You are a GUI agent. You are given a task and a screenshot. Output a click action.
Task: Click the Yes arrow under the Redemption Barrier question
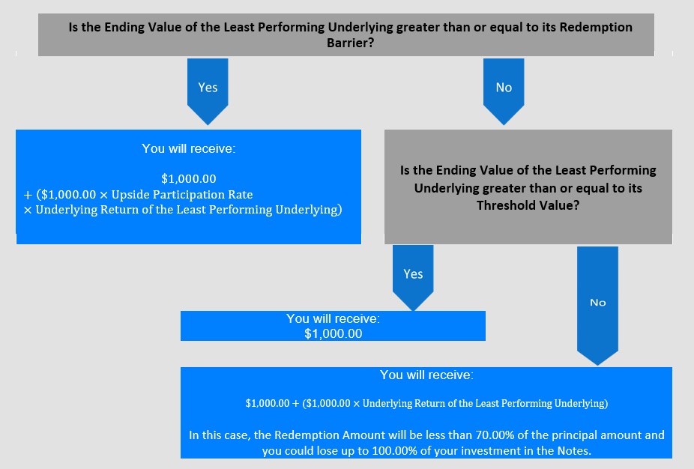pyautogui.click(x=208, y=91)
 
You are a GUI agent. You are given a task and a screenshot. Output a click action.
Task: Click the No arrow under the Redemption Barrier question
pyautogui.click(x=504, y=91)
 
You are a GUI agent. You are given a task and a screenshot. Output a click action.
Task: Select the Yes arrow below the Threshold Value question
pyautogui.click(x=413, y=277)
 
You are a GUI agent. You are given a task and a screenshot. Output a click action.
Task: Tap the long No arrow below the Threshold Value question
pyautogui.click(x=597, y=305)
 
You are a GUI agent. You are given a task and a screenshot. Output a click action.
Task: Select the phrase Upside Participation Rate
pyautogui.click(x=182, y=195)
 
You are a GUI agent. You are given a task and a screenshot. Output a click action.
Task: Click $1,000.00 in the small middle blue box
pyautogui.click(x=334, y=333)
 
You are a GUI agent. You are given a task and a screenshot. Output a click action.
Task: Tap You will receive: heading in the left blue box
pyautogui.click(x=189, y=148)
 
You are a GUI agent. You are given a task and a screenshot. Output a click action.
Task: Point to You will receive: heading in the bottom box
pyautogui.click(x=426, y=375)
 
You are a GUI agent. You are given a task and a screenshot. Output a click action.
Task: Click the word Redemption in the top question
pyautogui.click(x=596, y=27)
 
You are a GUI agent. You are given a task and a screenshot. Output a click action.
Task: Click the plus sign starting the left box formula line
pyautogui.click(x=28, y=195)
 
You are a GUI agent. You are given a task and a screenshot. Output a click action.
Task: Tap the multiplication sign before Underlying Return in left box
pyautogui.click(x=28, y=210)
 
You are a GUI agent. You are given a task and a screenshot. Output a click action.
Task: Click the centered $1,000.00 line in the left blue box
pyautogui.click(x=189, y=179)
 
